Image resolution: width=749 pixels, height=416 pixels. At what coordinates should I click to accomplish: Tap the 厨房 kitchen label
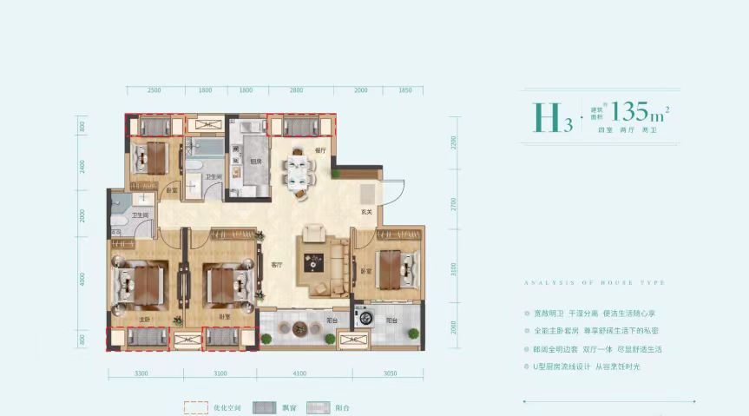pyautogui.click(x=257, y=161)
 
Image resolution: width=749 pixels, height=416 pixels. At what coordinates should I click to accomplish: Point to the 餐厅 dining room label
pyautogui.click(x=319, y=151)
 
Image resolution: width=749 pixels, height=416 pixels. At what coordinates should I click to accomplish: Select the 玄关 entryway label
pyautogui.click(x=366, y=211)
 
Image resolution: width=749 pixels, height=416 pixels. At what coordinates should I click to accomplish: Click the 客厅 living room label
pyautogui.click(x=276, y=265)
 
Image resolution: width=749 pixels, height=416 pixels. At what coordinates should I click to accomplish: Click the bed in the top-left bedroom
pyautogui.click(x=149, y=157)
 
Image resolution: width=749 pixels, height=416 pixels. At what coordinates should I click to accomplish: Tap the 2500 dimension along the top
pyautogui.click(x=154, y=90)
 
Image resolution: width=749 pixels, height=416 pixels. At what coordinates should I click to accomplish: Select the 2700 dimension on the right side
pyautogui.click(x=452, y=205)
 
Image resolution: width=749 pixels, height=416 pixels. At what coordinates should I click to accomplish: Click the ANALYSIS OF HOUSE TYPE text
pyautogui.click(x=594, y=283)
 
